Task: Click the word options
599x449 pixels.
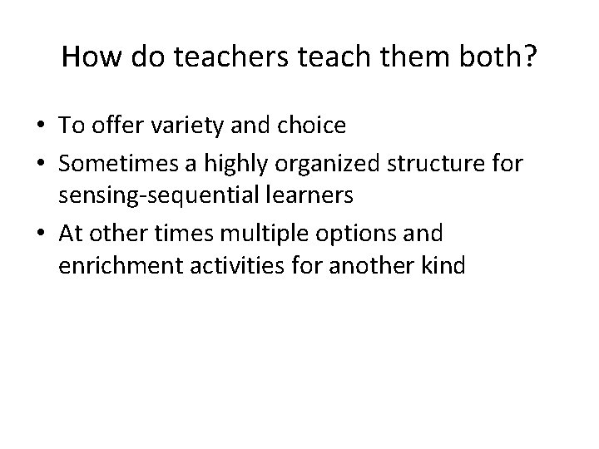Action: tap(351, 234)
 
